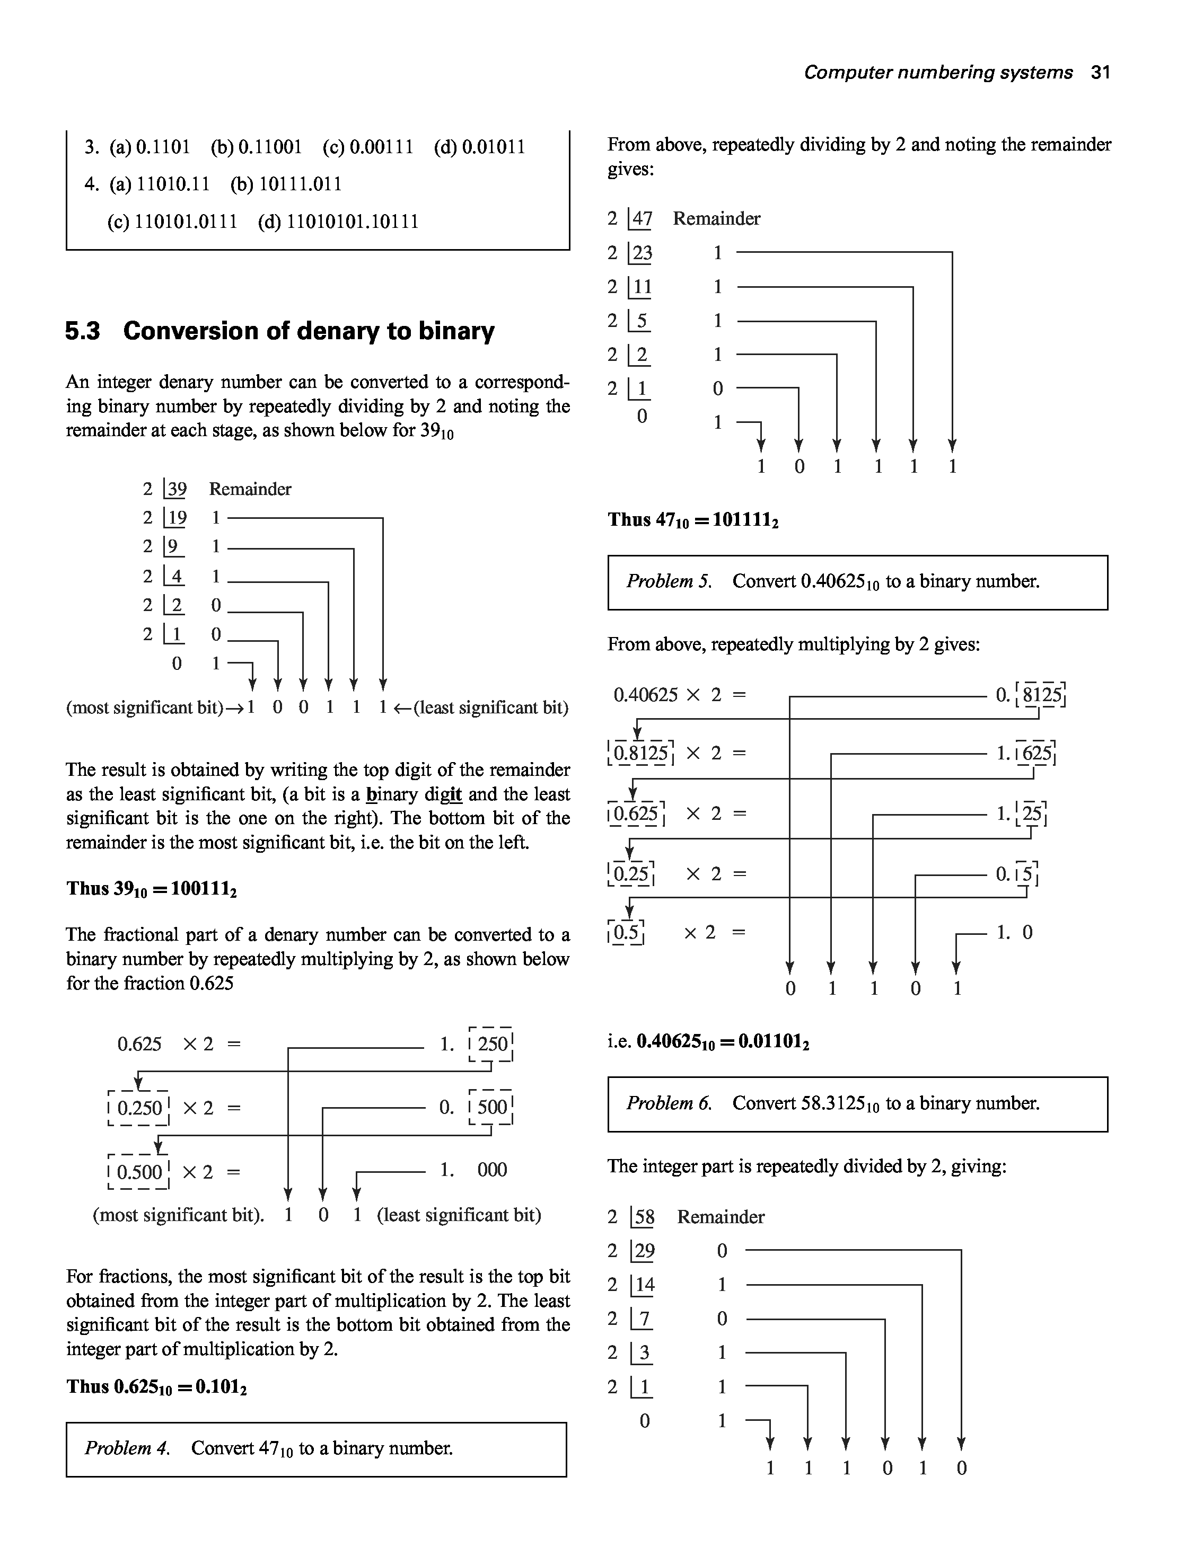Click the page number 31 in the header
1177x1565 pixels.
tap(1100, 72)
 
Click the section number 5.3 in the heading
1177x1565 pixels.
tap(82, 331)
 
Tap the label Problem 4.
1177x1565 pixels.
tap(127, 1448)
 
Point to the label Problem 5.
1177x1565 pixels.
tap(669, 581)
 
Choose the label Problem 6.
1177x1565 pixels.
tap(669, 1103)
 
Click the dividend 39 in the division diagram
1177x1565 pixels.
tap(176, 489)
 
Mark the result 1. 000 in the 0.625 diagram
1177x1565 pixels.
tap(473, 1170)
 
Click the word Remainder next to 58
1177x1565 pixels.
tap(721, 1217)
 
